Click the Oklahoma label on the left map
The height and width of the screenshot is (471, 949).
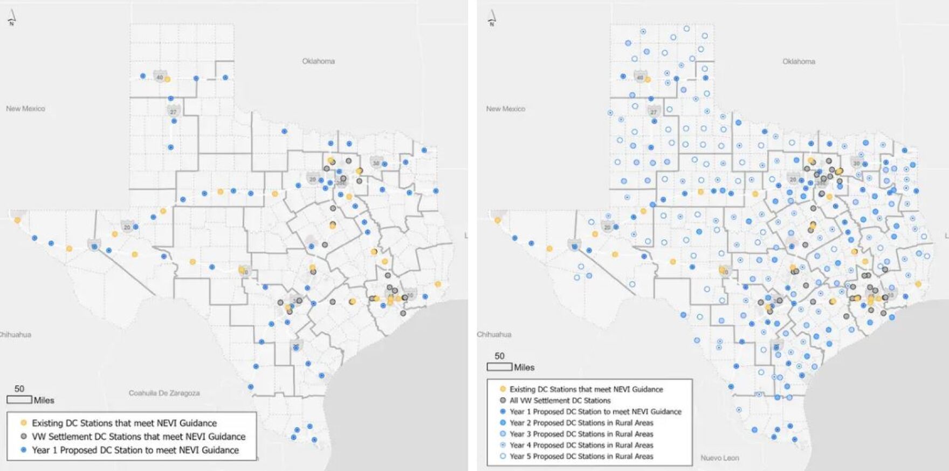[x=318, y=61]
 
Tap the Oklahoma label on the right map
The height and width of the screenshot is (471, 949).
[x=799, y=61]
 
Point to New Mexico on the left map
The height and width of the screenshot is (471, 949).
[x=25, y=108]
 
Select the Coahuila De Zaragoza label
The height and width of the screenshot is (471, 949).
[x=164, y=393]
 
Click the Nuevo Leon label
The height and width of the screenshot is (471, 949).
[x=719, y=458]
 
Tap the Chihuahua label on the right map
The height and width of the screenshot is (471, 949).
[x=494, y=334]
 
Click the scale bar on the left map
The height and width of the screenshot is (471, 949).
[x=19, y=400]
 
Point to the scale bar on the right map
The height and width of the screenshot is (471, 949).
[x=499, y=367]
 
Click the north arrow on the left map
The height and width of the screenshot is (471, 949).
[x=11, y=18]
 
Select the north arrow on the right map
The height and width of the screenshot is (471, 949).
[x=492, y=18]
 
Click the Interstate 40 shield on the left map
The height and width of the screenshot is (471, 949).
[x=160, y=77]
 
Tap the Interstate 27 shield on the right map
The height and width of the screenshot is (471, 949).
[x=654, y=112]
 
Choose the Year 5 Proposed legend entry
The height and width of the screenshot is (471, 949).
[x=581, y=456]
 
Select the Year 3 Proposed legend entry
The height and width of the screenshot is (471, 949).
[x=581, y=434]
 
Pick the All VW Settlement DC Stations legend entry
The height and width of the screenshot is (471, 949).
[x=560, y=400]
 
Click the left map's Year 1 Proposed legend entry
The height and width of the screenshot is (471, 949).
[x=135, y=450]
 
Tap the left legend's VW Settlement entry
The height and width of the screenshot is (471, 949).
[x=138, y=437]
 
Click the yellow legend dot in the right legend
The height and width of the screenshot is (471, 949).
[x=503, y=389]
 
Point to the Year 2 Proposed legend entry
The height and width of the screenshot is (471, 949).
[x=581, y=422]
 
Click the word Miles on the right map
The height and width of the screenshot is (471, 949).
[x=524, y=368]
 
